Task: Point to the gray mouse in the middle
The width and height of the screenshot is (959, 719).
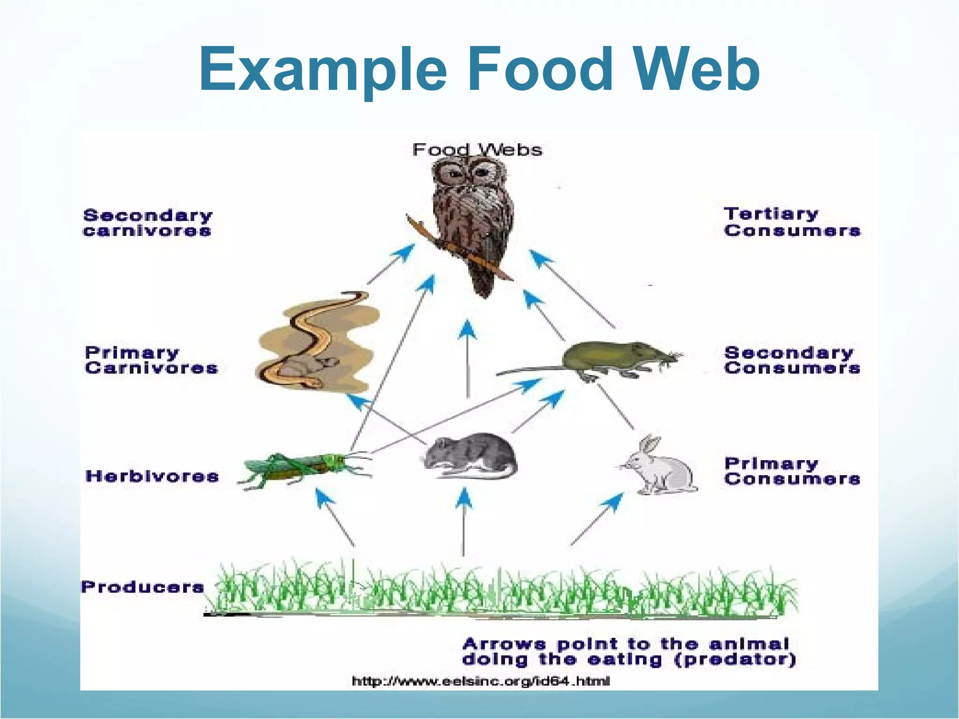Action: click(x=471, y=456)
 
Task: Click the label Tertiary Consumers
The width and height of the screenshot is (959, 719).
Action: click(x=791, y=222)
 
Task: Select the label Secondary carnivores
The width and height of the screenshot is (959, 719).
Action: click(x=148, y=223)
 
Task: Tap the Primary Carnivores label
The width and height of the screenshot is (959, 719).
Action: click(x=151, y=360)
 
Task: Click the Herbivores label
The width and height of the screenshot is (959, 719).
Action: click(x=152, y=476)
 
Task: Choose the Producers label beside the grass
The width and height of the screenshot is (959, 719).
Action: click(x=142, y=587)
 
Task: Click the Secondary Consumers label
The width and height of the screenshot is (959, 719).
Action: click(x=791, y=360)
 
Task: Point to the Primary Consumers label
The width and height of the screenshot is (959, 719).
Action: click(x=791, y=471)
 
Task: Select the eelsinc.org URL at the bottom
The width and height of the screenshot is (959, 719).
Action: click(x=480, y=681)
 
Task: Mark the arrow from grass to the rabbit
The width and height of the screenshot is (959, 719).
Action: click(x=597, y=520)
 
